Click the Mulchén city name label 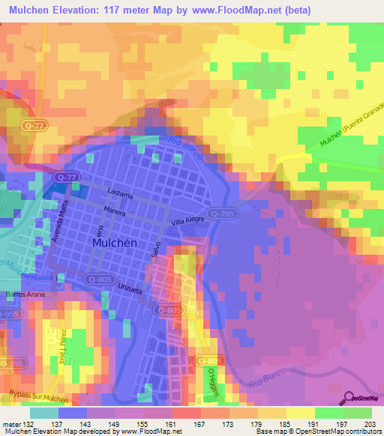(112, 243)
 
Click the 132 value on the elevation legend (30, 424)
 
